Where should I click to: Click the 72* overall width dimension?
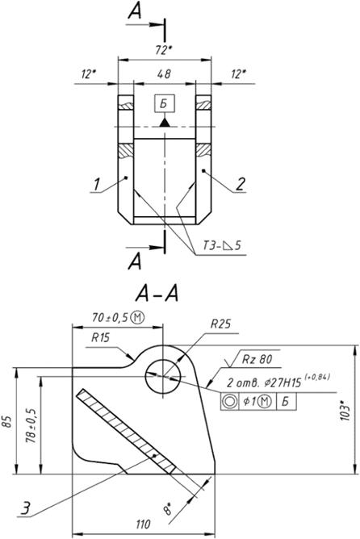click(x=164, y=51)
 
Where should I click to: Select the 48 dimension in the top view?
click(x=165, y=74)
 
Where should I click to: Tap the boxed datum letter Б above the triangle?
click(x=165, y=103)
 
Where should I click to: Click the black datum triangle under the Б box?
click(x=165, y=123)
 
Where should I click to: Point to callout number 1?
click(x=97, y=184)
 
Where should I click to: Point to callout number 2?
click(x=241, y=184)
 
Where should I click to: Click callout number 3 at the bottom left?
click(x=26, y=508)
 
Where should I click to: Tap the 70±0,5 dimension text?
click(x=118, y=317)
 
